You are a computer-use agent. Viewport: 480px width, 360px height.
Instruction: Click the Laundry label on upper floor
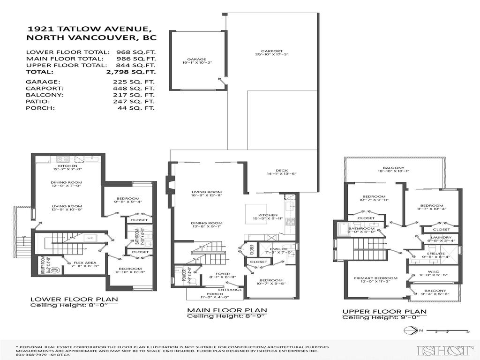(441, 238)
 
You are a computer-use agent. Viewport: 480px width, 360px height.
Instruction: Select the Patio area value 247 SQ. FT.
(135, 101)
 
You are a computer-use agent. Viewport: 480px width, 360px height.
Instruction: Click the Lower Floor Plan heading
(74, 299)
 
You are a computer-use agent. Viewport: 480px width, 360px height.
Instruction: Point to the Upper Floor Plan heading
(384, 311)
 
